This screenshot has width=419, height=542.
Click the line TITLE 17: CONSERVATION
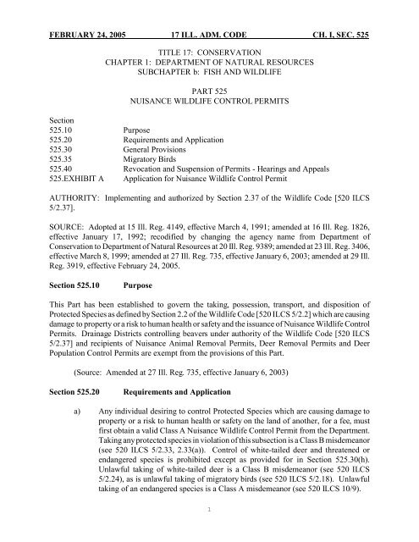coord(211,39)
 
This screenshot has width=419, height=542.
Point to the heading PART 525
coord(211,87)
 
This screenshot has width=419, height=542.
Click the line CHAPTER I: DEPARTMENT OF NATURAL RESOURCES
coord(211,51)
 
